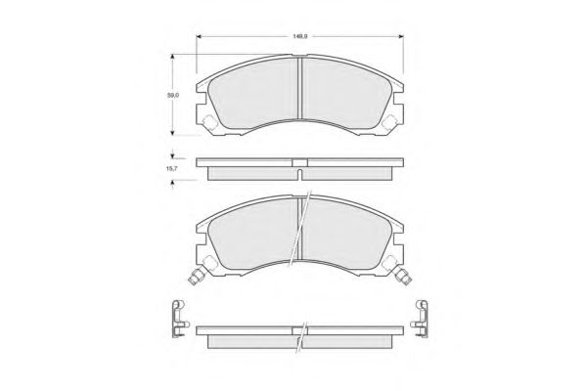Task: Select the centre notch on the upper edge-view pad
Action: click(x=300, y=162)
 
